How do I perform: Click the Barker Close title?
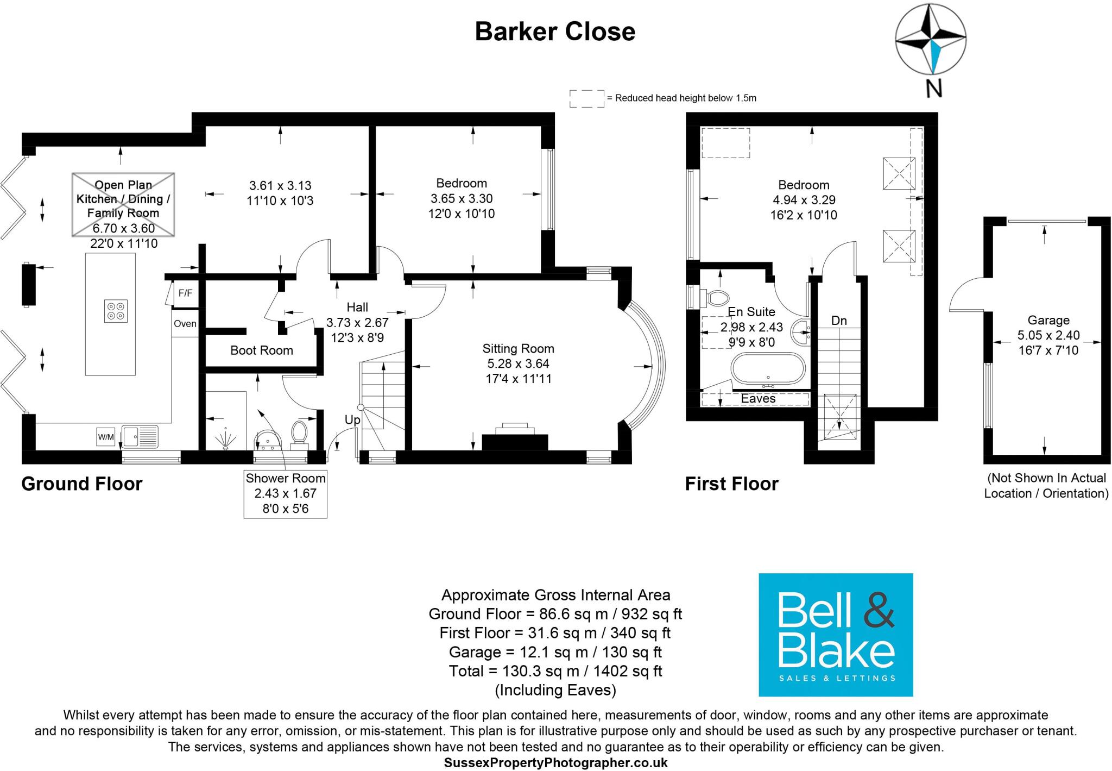click(555, 32)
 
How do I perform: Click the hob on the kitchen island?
click(116, 311)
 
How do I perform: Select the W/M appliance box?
click(106, 436)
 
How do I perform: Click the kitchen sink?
click(140, 436)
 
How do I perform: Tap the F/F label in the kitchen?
click(185, 293)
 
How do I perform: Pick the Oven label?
click(185, 324)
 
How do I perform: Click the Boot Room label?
click(261, 350)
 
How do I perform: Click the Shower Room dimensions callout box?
click(285, 494)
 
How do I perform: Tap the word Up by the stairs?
click(352, 420)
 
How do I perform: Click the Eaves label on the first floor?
click(758, 399)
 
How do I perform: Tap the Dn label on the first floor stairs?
click(839, 321)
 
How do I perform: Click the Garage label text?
click(1048, 320)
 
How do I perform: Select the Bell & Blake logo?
click(835, 635)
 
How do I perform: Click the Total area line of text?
click(555, 671)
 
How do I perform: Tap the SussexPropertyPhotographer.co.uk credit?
click(555, 763)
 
